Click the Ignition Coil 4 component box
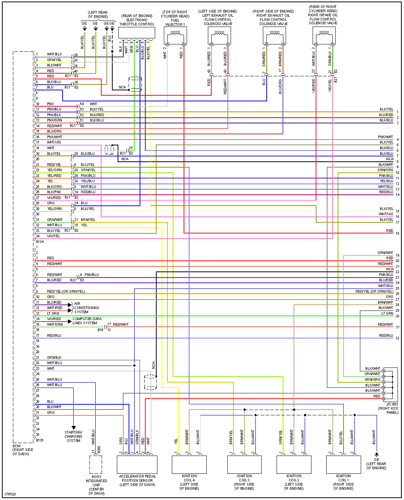click(x=189, y=464)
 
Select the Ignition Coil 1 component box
click(x=343, y=464)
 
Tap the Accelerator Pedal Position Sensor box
click(x=137, y=464)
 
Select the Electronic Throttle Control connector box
click(x=137, y=33)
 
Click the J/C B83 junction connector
click(x=390, y=384)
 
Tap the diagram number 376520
click(x=10, y=494)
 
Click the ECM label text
click(x=17, y=446)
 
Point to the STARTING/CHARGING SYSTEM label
click(x=74, y=436)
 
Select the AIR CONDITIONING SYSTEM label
click(x=86, y=308)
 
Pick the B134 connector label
click(x=39, y=241)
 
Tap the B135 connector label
click(x=39, y=440)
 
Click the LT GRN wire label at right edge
click(x=387, y=314)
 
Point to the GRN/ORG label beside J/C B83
click(x=372, y=379)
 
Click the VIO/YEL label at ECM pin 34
click(x=53, y=236)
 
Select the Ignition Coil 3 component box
click(x=244, y=464)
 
